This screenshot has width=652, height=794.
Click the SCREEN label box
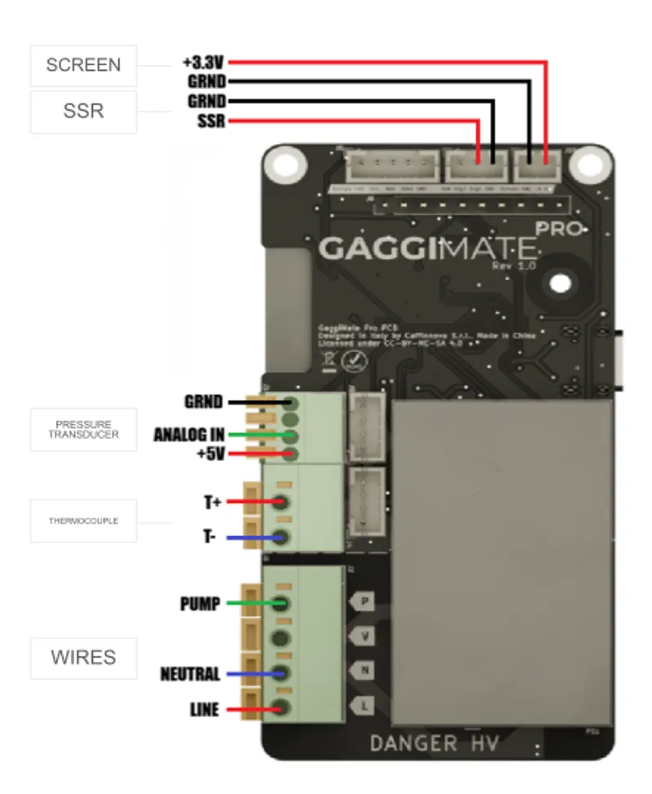(83, 66)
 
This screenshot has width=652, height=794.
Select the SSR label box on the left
(83, 112)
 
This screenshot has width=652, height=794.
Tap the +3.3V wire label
(203, 63)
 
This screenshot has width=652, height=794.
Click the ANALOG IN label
(189, 436)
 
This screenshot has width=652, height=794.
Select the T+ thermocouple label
(213, 502)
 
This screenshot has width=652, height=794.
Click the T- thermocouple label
(210, 537)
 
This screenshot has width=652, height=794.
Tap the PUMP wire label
(200, 604)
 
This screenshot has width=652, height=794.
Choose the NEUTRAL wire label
(190, 674)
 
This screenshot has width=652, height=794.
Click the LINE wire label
(204, 710)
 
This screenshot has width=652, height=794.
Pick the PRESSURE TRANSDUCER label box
(83, 430)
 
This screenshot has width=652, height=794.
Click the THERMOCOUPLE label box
(83, 520)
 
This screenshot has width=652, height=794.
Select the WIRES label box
(83, 658)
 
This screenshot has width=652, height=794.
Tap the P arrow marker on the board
(363, 602)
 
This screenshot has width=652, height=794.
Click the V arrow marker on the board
(363, 636)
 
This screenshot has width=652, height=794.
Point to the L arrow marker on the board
(363, 705)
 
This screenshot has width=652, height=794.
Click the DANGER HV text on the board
(433, 743)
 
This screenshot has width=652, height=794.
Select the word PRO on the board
(561, 229)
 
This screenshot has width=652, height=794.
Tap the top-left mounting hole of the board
(285, 165)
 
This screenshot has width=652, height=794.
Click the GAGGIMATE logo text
(428, 248)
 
